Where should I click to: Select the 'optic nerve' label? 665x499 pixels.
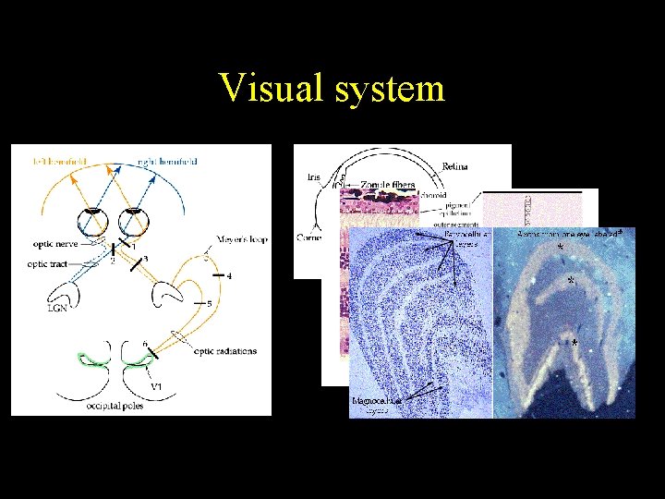[54, 246]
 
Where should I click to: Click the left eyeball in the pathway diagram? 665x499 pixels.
[91, 223]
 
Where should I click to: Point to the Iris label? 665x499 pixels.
[313, 176]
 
